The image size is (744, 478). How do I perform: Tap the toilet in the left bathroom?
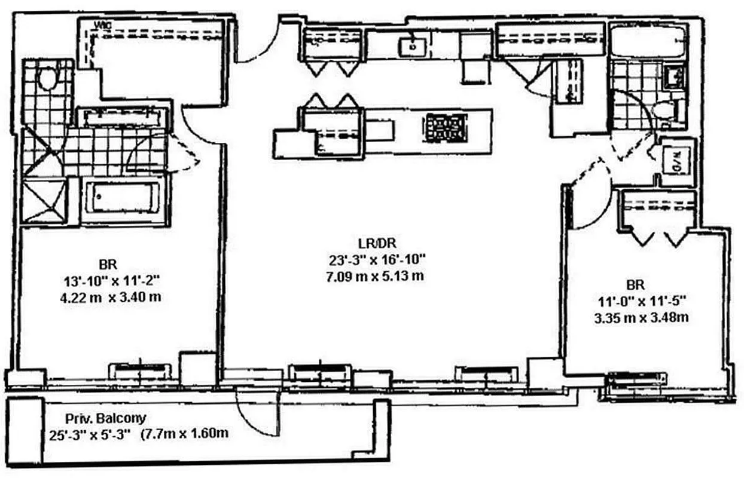[47, 77]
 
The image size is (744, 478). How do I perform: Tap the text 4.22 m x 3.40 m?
[110, 296]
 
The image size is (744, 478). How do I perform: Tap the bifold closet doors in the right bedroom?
[657, 238]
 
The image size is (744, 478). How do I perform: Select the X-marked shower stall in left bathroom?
[45, 201]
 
